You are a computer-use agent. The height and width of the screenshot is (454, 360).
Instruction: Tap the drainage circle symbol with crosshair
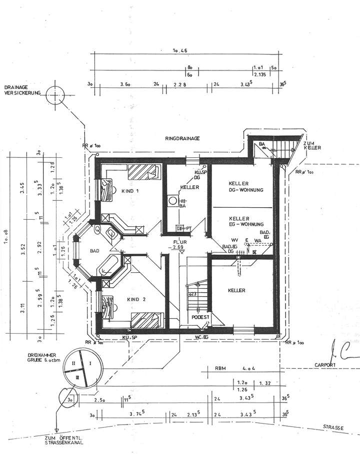[53, 94]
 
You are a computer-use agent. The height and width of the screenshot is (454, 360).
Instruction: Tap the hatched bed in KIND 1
[142, 172]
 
